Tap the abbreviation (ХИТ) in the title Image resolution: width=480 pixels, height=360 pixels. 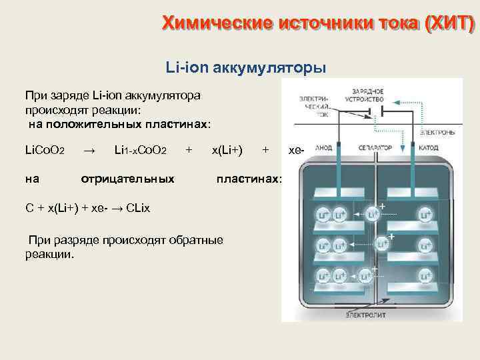450,24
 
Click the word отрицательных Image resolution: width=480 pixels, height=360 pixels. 127,178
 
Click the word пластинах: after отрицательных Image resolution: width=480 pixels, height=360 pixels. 249,178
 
